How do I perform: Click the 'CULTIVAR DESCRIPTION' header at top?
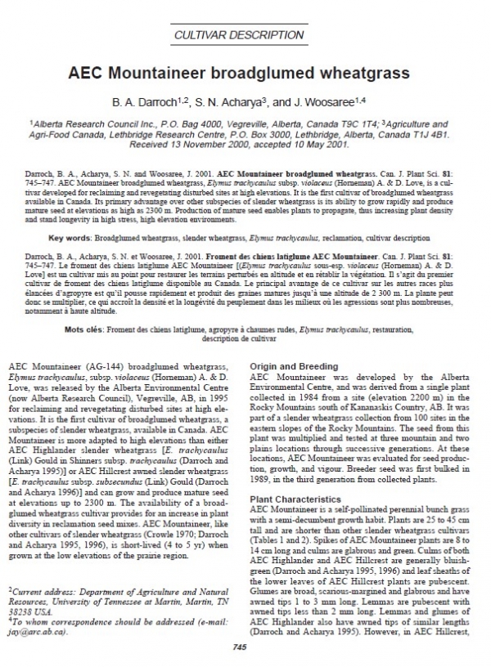(x=245, y=35)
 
